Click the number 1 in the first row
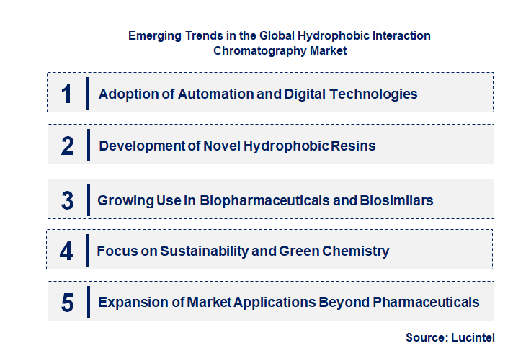click(x=67, y=94)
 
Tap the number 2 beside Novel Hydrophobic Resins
click(x=67, y=146)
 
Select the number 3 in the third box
click(x=67, y=200)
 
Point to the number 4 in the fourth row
click(x=66, y=251)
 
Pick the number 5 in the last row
click(x=67, y=303)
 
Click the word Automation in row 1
click(x=198, y=94)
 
